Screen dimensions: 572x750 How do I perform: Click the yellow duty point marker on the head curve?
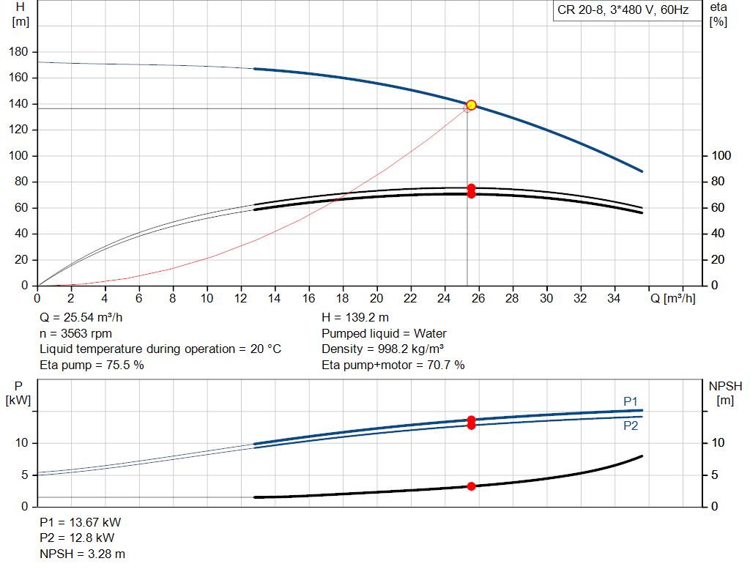[x=471, y=105]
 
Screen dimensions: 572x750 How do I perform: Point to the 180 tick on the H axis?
[x=20, y=52]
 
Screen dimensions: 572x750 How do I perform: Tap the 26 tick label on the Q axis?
[x=478, y=298]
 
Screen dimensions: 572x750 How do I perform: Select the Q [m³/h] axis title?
[x=672, y=298]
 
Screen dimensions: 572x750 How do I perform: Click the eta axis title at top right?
[x=718, y=14]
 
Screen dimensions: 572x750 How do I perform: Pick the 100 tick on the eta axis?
[x=721, y=156]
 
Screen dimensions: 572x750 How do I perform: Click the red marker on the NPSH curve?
[x=471, y=486]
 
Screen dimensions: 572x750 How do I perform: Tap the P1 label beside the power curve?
[x=630, y=401]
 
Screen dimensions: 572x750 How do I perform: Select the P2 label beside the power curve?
[x=630, y=426]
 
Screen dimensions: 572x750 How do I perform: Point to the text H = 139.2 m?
[x=355, y=318]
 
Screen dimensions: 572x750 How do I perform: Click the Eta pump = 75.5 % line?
[x=92, y=365]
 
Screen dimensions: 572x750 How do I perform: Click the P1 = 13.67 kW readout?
[x=81, y=523]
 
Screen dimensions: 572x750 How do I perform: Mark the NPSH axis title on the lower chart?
[x=725, y=393]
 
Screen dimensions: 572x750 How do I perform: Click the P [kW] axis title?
[x=19, y=393]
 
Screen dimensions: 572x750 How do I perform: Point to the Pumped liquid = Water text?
[x=384, y=333]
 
